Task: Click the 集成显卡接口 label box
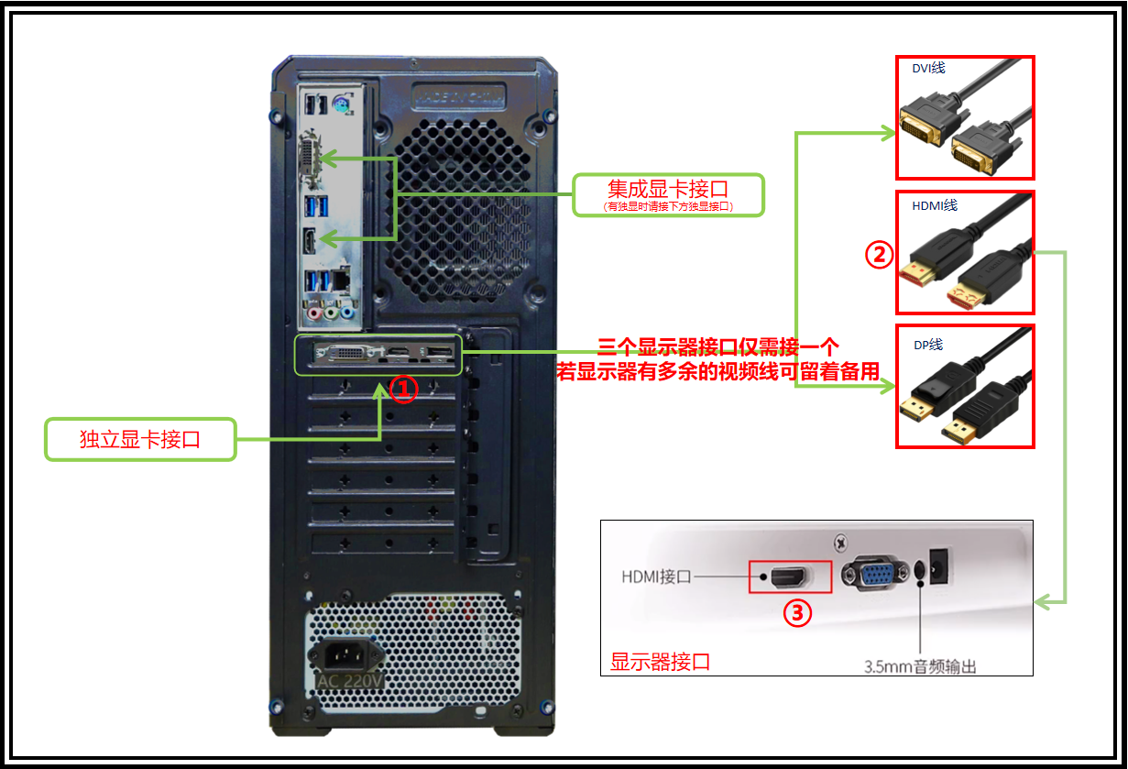[x=668, y=194]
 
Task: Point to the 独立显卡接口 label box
[x=140, y=439]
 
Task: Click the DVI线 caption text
[x=928, y=69]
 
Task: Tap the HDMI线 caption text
[x=935, y=205]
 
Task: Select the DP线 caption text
[x=928, y=346]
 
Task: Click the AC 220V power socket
[x=345, y=656]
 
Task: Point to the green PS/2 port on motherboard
[x=342, y=105]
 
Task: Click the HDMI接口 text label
[x=655, y=577]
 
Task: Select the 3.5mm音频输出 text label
[x=920, y=666]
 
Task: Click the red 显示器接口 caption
[x=660, y=662]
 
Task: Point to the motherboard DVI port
[x=310, y=165]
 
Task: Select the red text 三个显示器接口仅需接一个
[x=718, y=347]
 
